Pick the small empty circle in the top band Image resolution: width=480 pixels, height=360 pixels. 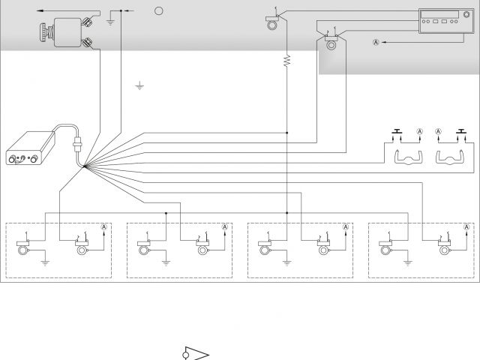point(158,11)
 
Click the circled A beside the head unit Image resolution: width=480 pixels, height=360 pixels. point(376,43)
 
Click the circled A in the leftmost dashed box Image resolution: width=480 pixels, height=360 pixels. point(105,226)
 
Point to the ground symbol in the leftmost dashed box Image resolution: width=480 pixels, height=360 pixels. point(46,262)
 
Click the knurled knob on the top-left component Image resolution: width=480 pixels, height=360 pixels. point(43,34)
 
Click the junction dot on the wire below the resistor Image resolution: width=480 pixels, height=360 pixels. point(286,133)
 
